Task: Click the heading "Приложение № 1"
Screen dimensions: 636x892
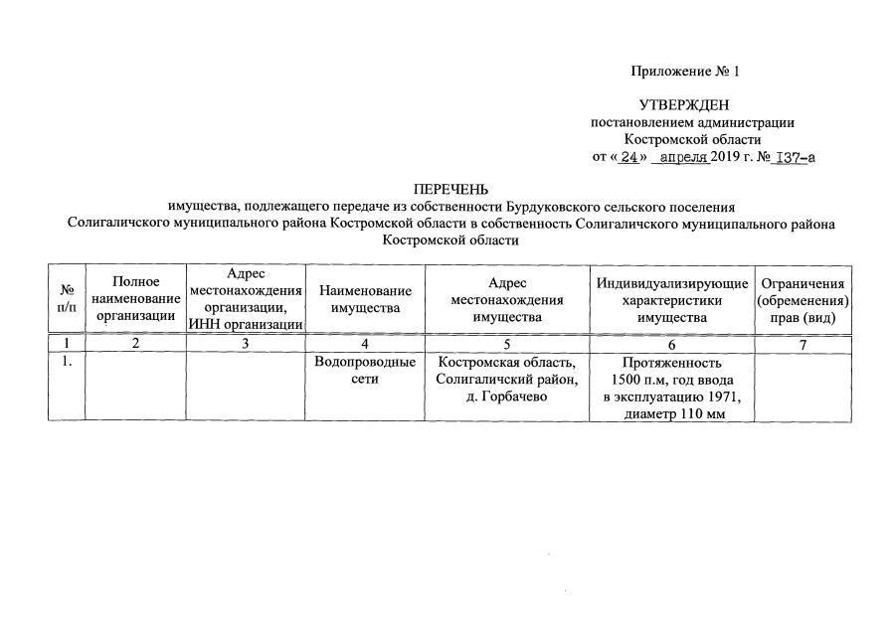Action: pos(684,72)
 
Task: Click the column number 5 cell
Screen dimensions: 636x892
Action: pos(507,344)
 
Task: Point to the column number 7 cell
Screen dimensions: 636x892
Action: pos(803,344)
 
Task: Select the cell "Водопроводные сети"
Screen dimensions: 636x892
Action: pos(365,371)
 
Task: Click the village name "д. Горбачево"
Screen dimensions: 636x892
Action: pos(507,397)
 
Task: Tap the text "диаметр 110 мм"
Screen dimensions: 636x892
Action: pos(672,414)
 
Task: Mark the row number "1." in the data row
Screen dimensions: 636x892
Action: pos(67,362)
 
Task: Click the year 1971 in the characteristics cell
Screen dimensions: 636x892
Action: pos(722,397)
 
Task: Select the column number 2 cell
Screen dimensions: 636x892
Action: pos(136,344)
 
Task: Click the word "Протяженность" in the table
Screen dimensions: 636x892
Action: pos(672,363)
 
